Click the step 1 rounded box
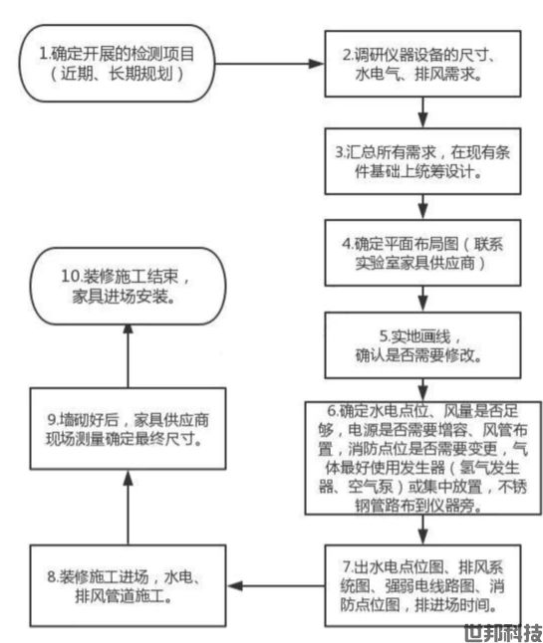pos(117,63)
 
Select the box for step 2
pos(422,64)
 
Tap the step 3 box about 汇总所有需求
pos(422,161)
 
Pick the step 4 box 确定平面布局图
pos(422,253)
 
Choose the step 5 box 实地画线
pos(422,345)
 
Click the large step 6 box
pos(422,458)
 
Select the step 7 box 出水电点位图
pos(422,585)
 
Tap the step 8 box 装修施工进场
pos(128,585)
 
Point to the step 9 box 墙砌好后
pos(128,429)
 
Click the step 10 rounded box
pos(128,287)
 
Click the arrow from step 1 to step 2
pos(270,64)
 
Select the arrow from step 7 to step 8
pos(275,586)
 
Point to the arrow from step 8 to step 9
pos(129,508)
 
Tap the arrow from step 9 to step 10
pos(129,356)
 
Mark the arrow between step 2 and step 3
pos(423,112)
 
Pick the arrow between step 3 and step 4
pos(423,207)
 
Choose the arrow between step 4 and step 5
pos(423,300)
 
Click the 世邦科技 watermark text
pos(503,633)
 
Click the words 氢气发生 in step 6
pos(489,468)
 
